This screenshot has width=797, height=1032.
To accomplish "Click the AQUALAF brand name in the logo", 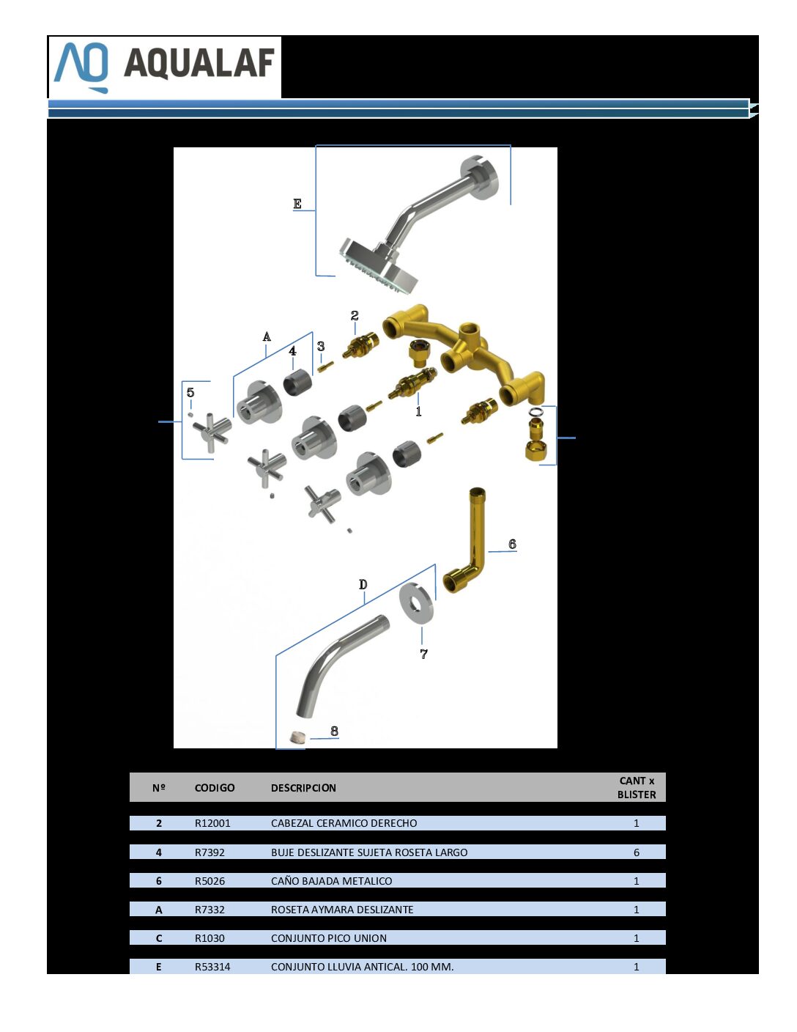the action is tap(199, 63).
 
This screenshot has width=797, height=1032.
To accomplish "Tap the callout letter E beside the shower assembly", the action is tap(297, 204).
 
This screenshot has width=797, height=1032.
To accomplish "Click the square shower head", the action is tap(379, 264).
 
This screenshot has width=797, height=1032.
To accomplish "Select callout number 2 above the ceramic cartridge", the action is tap(355, 315).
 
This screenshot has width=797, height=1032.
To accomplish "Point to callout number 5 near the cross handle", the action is tap(190, 392).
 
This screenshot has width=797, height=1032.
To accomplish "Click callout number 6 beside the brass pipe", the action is tap(512, 544).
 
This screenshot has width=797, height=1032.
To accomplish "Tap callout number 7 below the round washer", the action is tap(424, 654).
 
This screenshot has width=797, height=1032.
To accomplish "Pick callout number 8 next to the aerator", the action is tap(334, 731).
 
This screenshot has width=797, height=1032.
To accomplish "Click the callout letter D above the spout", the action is tap(363, 584).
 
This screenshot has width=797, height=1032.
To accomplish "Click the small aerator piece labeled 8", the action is tap(297, 737).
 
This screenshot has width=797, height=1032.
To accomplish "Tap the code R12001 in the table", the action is tap(212, 823).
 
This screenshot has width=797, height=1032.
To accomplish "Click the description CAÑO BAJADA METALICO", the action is tap(331, 881).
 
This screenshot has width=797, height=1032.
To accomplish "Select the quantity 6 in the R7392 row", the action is tap(637, 852).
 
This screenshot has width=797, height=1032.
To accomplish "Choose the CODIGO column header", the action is tap(215, 788).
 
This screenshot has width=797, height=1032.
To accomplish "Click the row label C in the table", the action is tap(159, 938).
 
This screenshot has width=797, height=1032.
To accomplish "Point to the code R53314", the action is tap(212, 967).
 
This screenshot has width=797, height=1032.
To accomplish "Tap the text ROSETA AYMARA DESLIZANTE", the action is tap(342, 910).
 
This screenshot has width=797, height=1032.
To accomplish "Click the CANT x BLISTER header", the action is tap(637, 787).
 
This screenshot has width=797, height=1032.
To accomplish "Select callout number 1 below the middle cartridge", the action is tap(418, 411).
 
